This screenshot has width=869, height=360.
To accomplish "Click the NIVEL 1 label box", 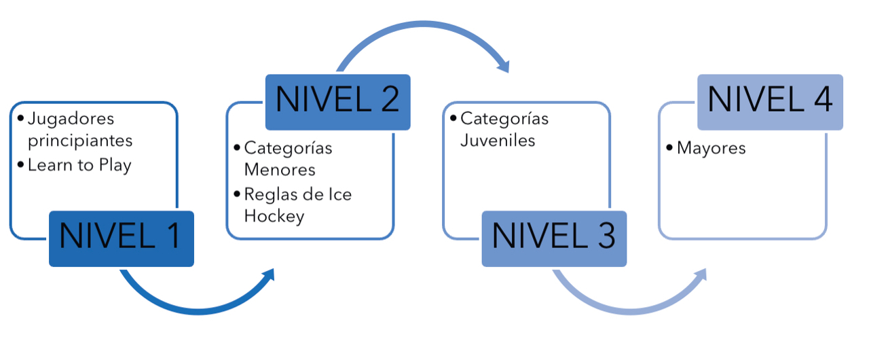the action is click(122, 238).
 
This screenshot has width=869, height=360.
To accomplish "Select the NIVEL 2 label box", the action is click(338, 102).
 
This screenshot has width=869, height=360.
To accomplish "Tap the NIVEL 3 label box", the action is click(555, 238).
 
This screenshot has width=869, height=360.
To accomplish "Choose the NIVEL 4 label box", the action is click(770, 102).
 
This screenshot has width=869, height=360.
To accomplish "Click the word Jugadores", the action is click(71, 119).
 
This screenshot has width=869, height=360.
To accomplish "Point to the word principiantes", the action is click(80, 141).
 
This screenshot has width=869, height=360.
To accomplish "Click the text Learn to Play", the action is click(79, 165).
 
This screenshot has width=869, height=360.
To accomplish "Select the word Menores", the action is click(280, 170).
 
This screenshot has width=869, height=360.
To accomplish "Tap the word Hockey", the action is click(274, 217).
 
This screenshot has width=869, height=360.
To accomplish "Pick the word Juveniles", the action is click(498, 141).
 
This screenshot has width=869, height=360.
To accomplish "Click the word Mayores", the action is click(711, 149).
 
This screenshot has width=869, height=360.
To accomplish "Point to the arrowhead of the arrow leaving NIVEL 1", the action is click(269, 275).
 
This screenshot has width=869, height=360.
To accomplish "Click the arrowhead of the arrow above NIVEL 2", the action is click(504, 67).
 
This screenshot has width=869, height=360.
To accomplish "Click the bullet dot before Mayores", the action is click(669, 147).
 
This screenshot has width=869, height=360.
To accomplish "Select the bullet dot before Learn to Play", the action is click(20, 164).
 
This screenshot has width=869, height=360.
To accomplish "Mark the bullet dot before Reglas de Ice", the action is click(237, 194).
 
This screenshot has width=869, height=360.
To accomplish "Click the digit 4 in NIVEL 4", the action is click(823, 99).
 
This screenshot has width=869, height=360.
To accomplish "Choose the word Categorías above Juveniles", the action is click(504, 119).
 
